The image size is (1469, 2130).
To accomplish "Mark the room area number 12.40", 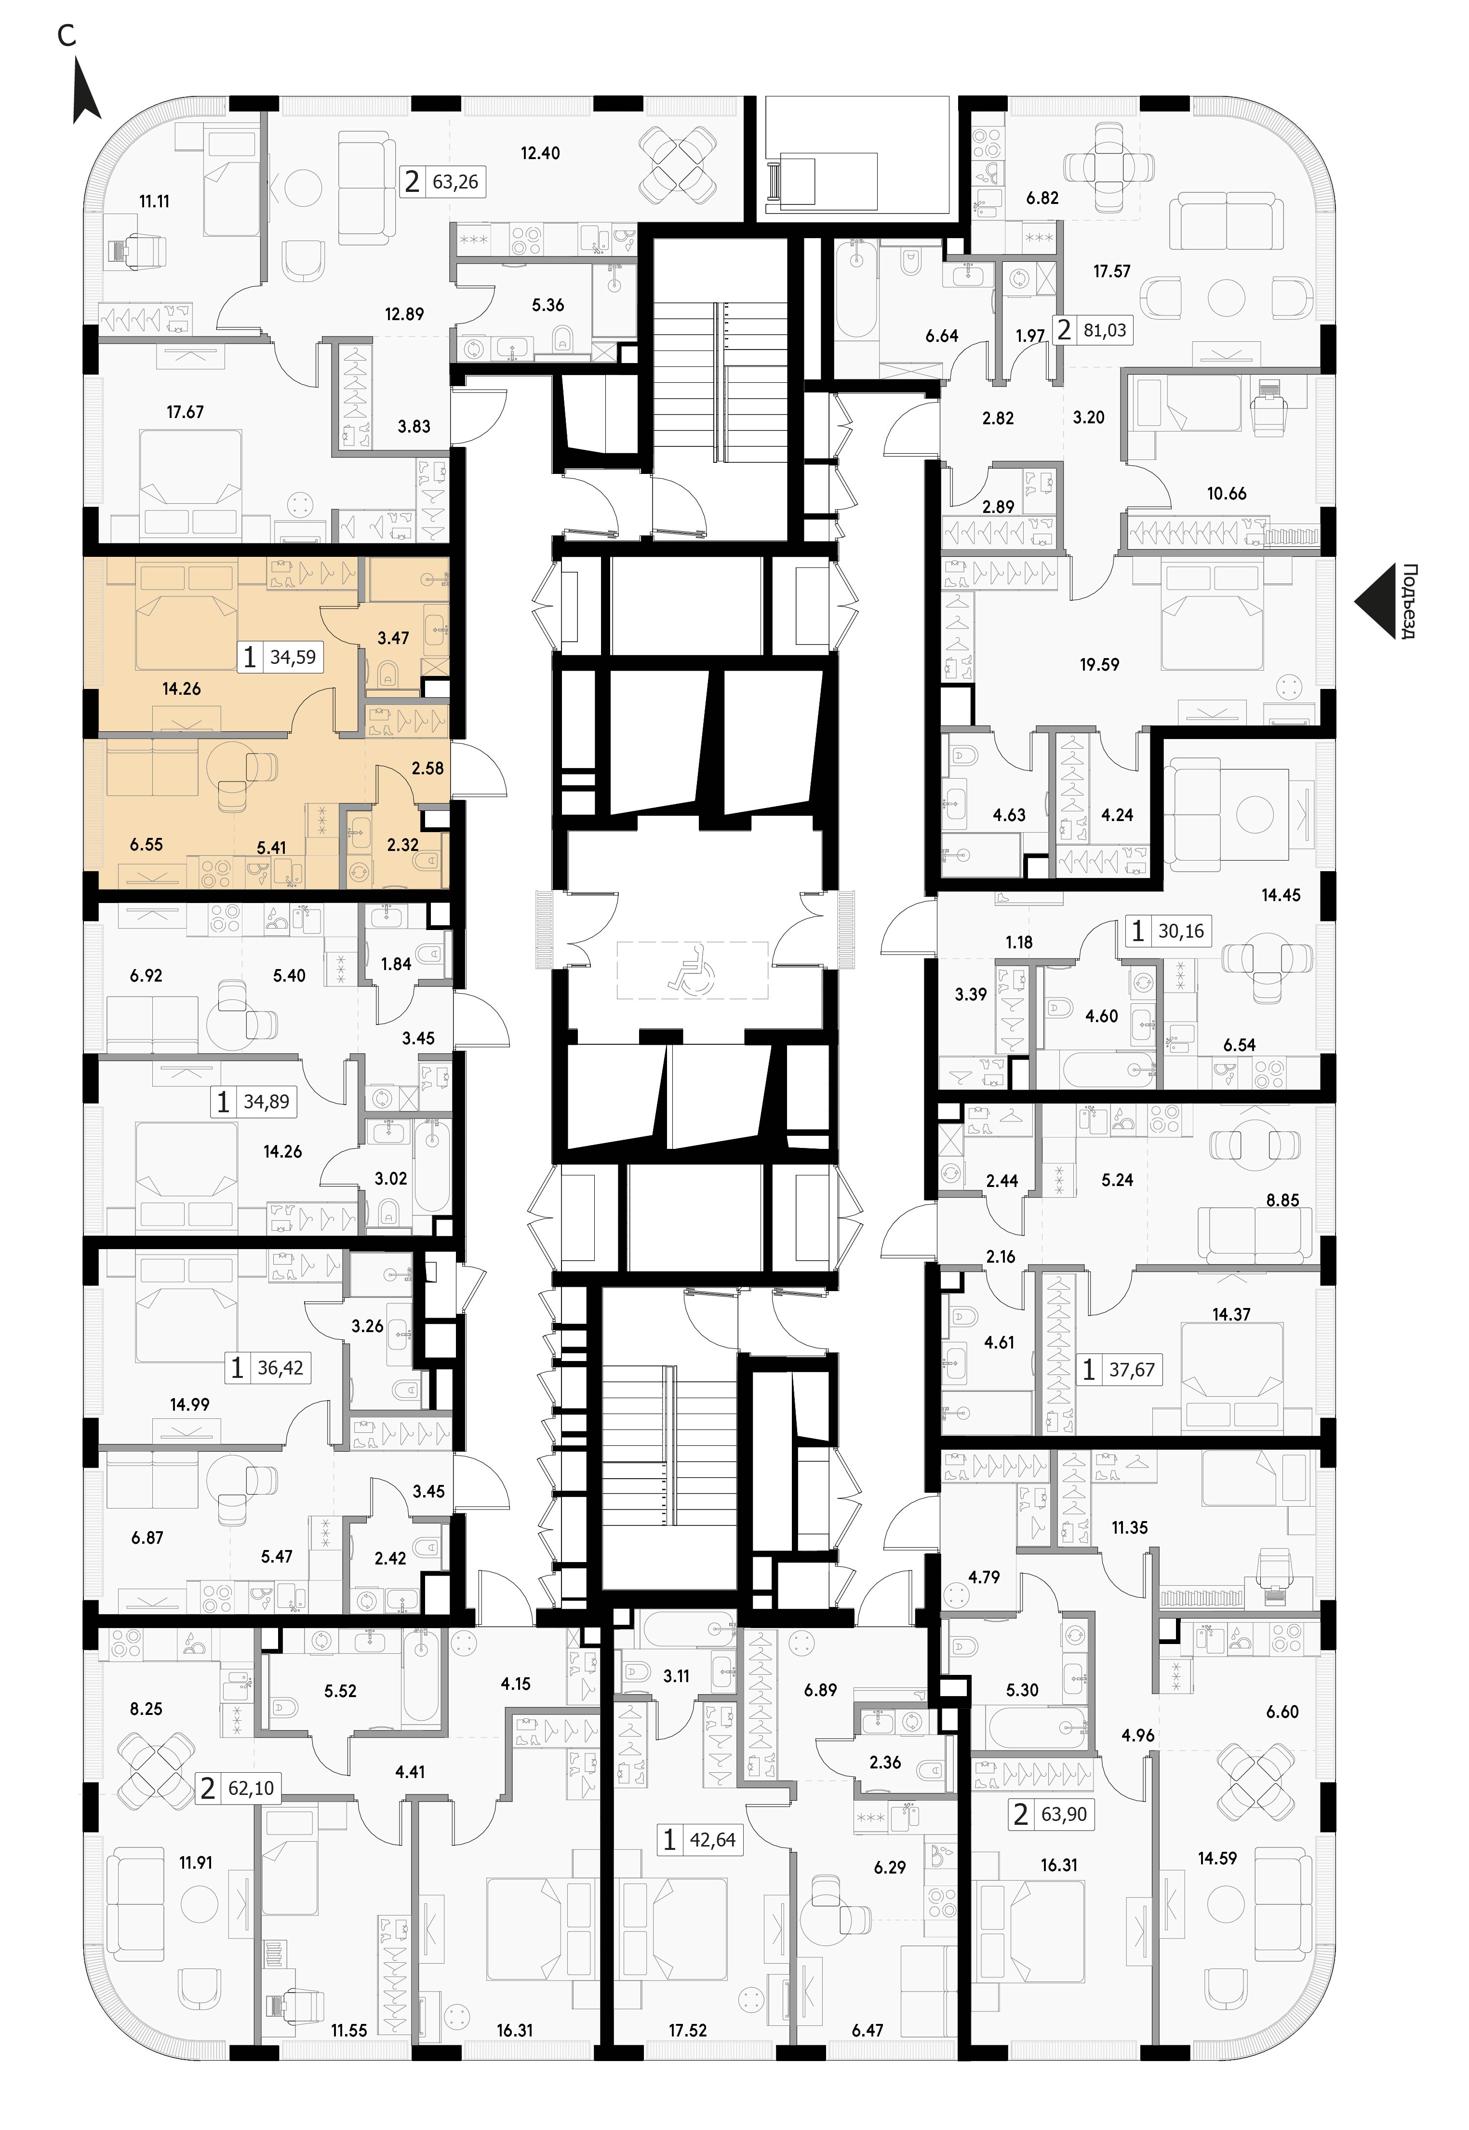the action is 540,153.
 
